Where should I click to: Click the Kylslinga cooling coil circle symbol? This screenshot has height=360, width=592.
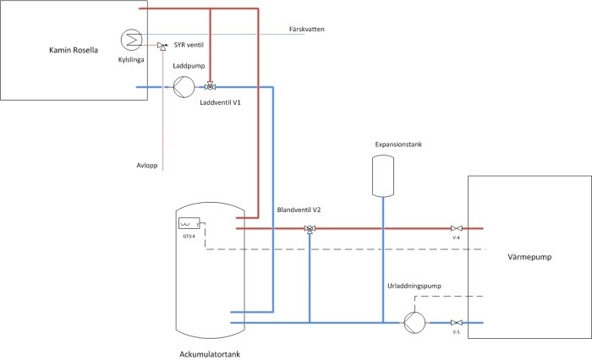(x=131, y=39)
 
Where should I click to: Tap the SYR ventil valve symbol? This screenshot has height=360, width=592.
(x=162, y=46)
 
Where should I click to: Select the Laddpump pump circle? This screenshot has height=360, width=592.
(x=184, y=87)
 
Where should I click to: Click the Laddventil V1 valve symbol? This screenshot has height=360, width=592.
(x=211, y=86)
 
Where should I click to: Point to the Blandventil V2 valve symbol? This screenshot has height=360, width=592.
(x=310, y=229)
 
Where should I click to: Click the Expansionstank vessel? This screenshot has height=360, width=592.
(x=383, y=176)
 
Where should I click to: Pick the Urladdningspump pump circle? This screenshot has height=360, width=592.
(x=414, y=323)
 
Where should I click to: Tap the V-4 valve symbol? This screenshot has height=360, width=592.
(x=457, y=228)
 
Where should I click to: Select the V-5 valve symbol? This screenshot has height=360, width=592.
(x=457, y=323)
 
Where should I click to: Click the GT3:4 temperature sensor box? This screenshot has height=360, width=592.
(x=189, y=223)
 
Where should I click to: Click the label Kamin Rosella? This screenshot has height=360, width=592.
(x=74, y=50)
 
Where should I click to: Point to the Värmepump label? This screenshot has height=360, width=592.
(x=529, y=257)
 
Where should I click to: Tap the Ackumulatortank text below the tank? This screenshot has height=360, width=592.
(x=210, y=354)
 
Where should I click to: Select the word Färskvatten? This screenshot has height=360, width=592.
(x=306, y=29)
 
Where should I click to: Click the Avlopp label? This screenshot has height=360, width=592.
(x=147, y=166)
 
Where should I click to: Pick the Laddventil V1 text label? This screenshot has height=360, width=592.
(x=220, y=102)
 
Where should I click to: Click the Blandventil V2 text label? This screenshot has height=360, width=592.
(x=299, y=210)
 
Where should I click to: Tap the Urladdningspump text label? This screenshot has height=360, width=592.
(x=414, y=286)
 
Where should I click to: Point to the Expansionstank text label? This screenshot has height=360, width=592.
(x=398, y=145)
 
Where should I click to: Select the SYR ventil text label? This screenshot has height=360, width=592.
(x=189, y=45)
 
